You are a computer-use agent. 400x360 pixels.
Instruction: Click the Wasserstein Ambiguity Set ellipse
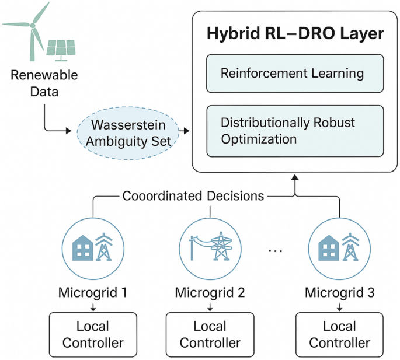point(128,132)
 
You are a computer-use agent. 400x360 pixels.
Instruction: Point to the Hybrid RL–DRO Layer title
point(295,33)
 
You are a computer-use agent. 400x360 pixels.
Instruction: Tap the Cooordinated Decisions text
point(193,196)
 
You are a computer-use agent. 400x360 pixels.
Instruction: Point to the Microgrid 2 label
point(210,291)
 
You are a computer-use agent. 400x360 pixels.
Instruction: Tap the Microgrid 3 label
point(339,291)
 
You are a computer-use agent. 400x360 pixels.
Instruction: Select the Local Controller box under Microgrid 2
point(210,334)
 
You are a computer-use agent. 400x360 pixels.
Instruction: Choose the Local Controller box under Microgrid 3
point(339,334)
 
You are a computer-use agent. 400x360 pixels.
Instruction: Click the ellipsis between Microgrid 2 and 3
point(275,251)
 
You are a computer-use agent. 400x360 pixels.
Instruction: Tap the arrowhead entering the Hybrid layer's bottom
point(295,177)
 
